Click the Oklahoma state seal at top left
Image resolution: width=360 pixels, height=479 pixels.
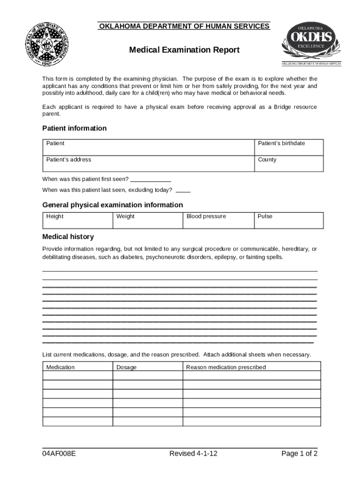click(46, 45)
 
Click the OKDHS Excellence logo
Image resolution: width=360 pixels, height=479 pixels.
click(311, 44)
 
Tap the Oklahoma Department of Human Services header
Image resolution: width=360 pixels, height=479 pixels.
click(184, 26)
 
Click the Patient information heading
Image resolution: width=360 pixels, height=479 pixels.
click(74, 128)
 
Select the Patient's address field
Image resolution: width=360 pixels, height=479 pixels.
click(148, 164)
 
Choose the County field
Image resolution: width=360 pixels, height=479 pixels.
click(288, 164)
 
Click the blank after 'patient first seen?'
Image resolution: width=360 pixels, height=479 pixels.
click(151, 179)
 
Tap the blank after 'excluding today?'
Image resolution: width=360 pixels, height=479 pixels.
click(183, 190)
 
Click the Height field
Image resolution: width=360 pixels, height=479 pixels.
click(78, 220)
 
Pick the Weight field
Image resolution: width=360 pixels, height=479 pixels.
click(148, 220)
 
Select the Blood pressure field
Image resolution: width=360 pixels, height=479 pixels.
click(218, 220)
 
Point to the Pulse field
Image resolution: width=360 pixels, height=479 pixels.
click(288, 220)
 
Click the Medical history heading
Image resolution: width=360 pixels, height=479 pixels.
click(68, 237)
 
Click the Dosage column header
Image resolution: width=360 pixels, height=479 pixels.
click(127, 367)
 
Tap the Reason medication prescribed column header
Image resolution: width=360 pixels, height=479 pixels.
click(226, 367)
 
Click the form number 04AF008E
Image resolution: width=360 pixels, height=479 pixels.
click(59, 454)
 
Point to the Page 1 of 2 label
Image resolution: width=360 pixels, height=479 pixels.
click(299, 454)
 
